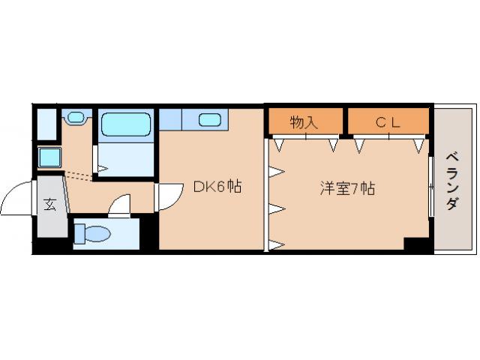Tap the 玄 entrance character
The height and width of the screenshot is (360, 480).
coord(49,205)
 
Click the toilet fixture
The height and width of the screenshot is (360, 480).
coord(93,234)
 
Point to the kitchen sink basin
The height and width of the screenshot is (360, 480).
coord(209,118)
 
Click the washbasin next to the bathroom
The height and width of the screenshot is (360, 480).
coord(76,116)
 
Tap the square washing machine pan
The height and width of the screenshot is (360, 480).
coord(48,158)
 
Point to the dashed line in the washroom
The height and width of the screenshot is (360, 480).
coord(78,175)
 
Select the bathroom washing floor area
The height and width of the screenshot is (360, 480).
coord(126,159)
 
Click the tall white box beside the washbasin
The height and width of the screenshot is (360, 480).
coord(46,124)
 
